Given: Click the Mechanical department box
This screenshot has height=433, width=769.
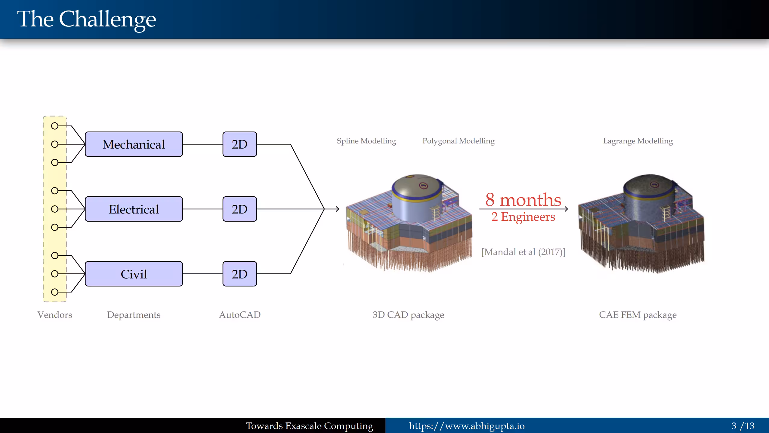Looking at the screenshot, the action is pos(134,144).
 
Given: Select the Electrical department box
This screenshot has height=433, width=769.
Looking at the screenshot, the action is pos(134,209).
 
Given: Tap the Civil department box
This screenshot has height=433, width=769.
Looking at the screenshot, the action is pos(134,274).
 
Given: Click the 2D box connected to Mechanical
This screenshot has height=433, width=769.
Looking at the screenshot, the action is pos(239,144).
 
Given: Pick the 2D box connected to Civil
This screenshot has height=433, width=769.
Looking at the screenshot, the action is pos(239,274).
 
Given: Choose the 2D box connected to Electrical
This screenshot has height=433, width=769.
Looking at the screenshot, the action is pos(239,209).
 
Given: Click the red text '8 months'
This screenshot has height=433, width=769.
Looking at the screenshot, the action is pos(523,200).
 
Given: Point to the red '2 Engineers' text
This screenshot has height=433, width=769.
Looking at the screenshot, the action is pos(523,217).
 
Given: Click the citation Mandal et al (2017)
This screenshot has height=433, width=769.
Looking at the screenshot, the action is pos(523,252).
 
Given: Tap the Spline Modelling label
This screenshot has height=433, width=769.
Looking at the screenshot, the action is pos(366,141).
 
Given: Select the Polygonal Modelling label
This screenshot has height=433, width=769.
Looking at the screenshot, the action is pos(458,141).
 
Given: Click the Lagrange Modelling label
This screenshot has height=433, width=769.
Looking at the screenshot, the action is pos(638,141).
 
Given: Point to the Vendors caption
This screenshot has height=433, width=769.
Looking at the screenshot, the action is pos(55,315).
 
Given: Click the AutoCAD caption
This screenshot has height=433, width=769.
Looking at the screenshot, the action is pos(240,315).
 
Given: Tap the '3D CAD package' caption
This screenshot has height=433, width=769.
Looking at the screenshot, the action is pos(408,315).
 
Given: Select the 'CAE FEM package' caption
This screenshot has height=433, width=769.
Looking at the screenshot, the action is pos(638,315).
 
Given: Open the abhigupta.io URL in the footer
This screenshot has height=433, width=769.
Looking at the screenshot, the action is pos(467,426).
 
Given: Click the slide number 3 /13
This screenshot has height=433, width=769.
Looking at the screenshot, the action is pos(743,426).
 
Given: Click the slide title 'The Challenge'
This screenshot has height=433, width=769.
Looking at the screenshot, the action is pos(87,19).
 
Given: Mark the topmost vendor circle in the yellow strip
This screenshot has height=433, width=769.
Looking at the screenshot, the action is pos(55,126).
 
